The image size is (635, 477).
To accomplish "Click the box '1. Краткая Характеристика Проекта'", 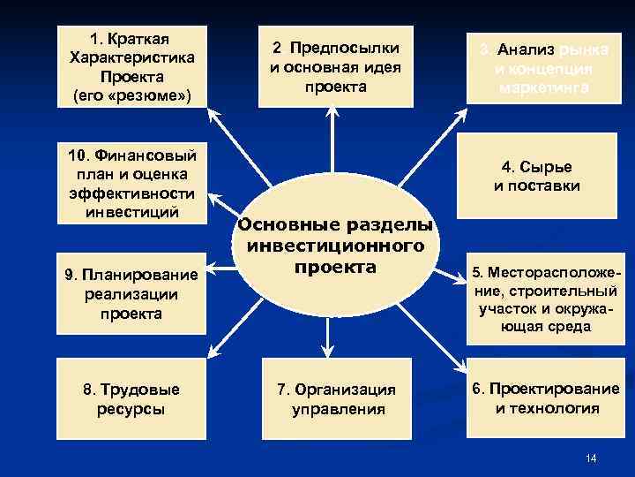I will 132,65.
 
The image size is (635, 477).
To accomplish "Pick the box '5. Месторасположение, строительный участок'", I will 543,299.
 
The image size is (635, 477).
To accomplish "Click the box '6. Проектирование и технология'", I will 543,398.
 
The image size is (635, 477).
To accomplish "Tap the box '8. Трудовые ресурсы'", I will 131,399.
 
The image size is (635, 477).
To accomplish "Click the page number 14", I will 591,458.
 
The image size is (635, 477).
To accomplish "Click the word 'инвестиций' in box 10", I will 131,212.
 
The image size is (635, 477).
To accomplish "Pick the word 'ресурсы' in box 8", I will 131,409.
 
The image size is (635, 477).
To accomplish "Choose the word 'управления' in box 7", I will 339,409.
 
